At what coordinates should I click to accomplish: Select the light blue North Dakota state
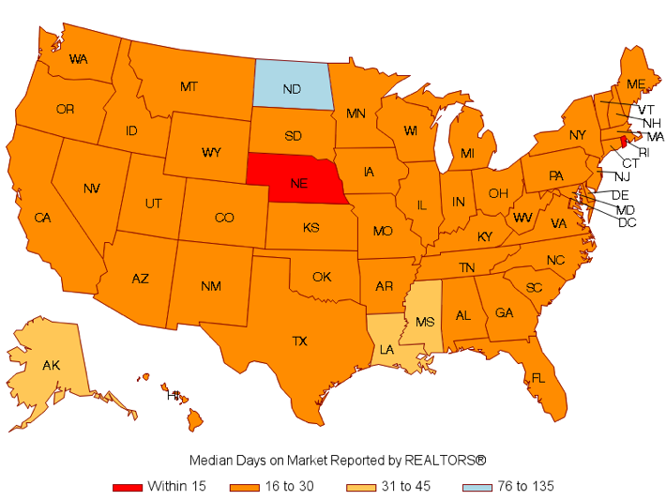(292, 88)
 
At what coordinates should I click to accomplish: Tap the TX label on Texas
(299, 341)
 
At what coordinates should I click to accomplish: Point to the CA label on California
(42, 218)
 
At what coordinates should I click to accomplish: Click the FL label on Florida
(537, 378)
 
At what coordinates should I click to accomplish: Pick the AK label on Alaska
(52, 364)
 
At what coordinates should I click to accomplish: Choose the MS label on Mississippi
(424, 321)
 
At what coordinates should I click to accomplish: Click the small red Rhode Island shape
(623, 141)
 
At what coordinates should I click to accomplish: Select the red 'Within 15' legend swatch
(128, 486)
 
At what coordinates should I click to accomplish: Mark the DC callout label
(627, 222)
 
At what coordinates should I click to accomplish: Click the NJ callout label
(623, 176)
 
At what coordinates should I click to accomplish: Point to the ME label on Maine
(635, 84)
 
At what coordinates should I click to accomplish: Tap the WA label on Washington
(79, 59)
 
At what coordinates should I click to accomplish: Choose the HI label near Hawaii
(173, 396)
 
